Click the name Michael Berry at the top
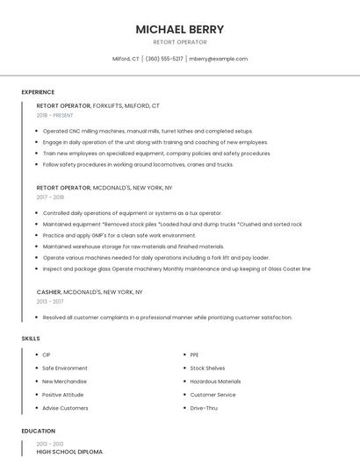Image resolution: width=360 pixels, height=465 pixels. tap(180, 29)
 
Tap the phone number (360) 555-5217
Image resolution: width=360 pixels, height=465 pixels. tap(164, 59)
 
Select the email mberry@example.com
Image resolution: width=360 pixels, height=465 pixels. tap(219, 59)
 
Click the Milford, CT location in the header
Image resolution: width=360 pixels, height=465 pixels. tap(126, 59)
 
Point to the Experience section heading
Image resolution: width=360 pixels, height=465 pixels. tap(38, 92)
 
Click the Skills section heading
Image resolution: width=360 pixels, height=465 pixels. tap(31, 338)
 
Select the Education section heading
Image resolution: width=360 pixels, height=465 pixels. tap(39, 431)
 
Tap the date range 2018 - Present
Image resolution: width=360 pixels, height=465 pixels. tap(55, 115)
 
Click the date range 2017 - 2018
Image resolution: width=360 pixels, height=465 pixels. tap(51, 197)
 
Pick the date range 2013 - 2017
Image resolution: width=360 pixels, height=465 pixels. tap(51, 301)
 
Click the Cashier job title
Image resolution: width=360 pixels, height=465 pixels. tap(49, 291)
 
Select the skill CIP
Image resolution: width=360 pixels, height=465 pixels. tap(47, 354)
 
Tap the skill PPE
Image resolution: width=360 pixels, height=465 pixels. tap(194, 354)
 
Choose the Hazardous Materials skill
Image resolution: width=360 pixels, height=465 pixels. tap(215, 382)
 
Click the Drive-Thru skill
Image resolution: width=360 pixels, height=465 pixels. tap(204, 408)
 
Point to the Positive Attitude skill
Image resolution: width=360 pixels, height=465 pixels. tap(64, 395)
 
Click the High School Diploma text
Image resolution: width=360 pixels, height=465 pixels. tap(69, 452)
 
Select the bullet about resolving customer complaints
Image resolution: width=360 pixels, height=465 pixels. tap(167, 317)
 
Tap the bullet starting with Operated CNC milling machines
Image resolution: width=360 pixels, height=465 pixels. tap(148, 131)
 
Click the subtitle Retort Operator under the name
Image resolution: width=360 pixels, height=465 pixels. tap(180, 42)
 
